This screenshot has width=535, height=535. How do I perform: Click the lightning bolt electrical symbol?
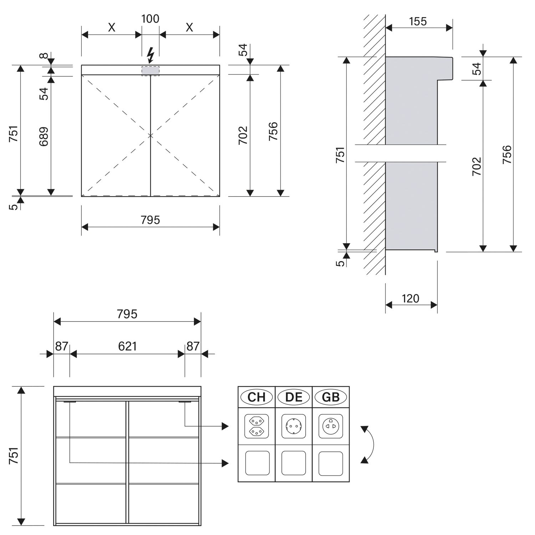[x=151, y=56]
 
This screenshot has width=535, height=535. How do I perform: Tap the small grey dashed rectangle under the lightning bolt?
[x=151, y=71]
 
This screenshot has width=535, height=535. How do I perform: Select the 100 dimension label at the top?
[x=150, y=19]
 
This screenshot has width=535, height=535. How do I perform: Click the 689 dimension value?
[x=44, y=136]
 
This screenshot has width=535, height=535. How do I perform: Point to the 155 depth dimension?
[x=418, y=21]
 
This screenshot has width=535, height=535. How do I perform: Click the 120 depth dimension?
[x=411, y=298]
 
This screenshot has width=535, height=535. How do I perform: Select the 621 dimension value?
[x=127, y=346]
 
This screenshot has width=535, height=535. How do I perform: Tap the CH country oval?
[x=256, y=397]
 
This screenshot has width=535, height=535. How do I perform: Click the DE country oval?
[x=294, y=397]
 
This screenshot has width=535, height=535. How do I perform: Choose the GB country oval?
[x=331, y=397]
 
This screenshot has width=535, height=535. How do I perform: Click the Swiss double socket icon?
[x=256, y=426]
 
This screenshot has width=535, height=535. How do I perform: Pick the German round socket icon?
[x=294, y=426]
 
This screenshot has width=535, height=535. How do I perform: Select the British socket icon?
[x=331, y=426]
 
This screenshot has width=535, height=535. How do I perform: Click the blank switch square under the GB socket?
[x=331, y=463]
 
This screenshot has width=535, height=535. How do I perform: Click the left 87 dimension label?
[x=61, y=346]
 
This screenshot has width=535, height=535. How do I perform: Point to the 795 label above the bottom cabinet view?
[x=127, y=314]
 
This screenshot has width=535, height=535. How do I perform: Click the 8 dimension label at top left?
[x=44, y=56]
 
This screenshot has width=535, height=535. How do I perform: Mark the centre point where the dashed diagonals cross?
[x=151, y=136]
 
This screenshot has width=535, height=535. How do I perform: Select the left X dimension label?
[x=112, y=27]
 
